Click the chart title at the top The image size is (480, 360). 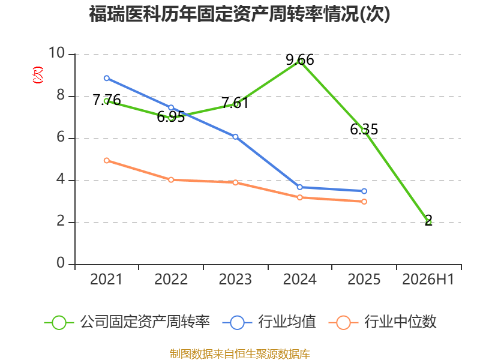(x=239, y=14)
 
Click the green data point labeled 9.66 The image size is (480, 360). (x=300, y=61)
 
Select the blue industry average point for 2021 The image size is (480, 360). (x=107, y=78)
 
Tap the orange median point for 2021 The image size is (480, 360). (x=107, y=160)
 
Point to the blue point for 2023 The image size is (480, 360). (x=235, y=137)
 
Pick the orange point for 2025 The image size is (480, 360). (x=364, y=202)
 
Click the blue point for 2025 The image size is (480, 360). (x=364, y=191)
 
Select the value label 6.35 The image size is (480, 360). (x=364, y=129)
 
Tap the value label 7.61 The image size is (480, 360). (x=235, y=103)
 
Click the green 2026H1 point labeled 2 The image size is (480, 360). (x=428, y=221)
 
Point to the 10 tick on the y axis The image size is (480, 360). (x=56, y=53)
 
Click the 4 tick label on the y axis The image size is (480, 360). (x=61, y=179)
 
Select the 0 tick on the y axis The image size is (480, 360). (x=61, y=263)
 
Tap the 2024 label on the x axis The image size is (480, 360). (x=299, y=279)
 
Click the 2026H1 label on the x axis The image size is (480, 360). (x=428, y=279)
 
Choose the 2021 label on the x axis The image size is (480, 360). (x=106, y=279)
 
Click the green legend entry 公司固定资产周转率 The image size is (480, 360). (x=127, y=322)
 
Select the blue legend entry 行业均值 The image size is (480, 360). (x=269, y=322)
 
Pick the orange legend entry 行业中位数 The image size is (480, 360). (x=382, y=322)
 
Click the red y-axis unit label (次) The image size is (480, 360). (x=38, y=75)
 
